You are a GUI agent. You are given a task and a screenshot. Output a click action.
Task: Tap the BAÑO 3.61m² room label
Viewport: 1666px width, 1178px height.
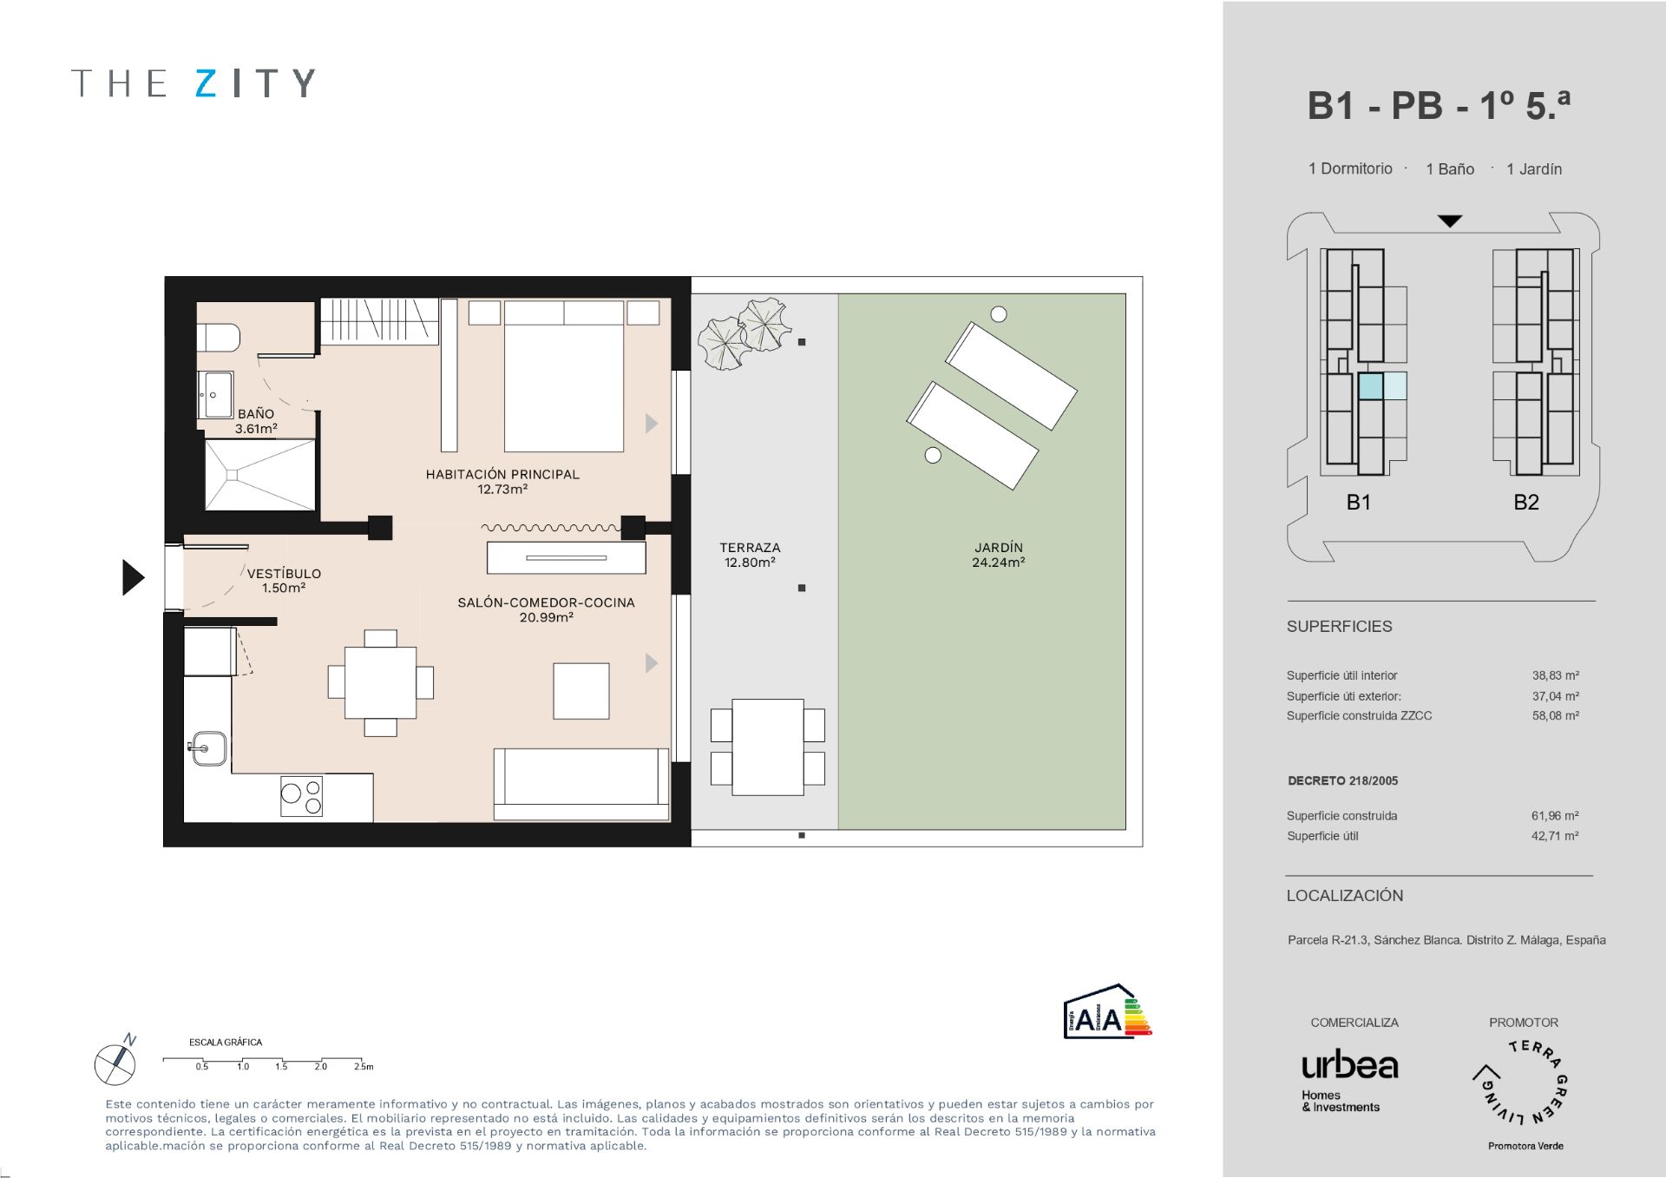click(x=256, y=421)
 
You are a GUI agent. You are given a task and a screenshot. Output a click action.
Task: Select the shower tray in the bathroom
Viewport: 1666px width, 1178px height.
click(x=259, y=475)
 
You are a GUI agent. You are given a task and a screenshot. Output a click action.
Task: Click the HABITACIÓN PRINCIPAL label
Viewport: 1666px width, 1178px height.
click(x=502, y=481)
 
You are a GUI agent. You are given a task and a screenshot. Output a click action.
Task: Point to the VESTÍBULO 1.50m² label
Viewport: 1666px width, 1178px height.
click(x=284, y=580)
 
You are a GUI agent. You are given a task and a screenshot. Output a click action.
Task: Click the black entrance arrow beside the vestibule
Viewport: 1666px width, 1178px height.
click(x=133, y=577)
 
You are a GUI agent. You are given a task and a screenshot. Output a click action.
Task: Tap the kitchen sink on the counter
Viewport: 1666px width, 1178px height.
click(x=209, y=748)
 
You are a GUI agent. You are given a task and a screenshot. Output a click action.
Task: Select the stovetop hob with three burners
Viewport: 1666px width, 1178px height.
click(x=301, y=796)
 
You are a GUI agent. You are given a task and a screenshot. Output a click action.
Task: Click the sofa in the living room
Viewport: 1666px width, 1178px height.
click(x=580, y=784)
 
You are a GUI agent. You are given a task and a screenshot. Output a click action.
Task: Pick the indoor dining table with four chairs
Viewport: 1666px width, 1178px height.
click(x=380, y=682)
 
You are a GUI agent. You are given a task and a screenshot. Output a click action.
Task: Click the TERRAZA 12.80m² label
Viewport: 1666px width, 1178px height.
click(x=750, y=555)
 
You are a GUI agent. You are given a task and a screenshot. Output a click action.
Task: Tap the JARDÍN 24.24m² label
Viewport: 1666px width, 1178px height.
click(x=999, y=555)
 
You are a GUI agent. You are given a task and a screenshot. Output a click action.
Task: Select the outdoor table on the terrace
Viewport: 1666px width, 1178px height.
click(x=767, y=747)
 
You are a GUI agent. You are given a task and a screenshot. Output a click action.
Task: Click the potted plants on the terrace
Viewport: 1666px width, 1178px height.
click(x=744, y=333)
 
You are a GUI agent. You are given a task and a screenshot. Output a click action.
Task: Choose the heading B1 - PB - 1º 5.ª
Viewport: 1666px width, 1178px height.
click(x=1438, y=106)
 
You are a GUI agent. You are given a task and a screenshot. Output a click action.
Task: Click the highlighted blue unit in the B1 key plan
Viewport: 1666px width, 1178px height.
click(x=1371, y=386)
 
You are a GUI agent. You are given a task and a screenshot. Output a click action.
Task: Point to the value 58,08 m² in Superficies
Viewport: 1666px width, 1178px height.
click(x=1555, y=716)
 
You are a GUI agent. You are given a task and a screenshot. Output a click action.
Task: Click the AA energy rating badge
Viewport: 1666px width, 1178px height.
click(x=1107, y=1012)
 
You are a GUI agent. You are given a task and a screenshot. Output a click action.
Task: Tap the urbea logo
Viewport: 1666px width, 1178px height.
click(x=1349, y=1066)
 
